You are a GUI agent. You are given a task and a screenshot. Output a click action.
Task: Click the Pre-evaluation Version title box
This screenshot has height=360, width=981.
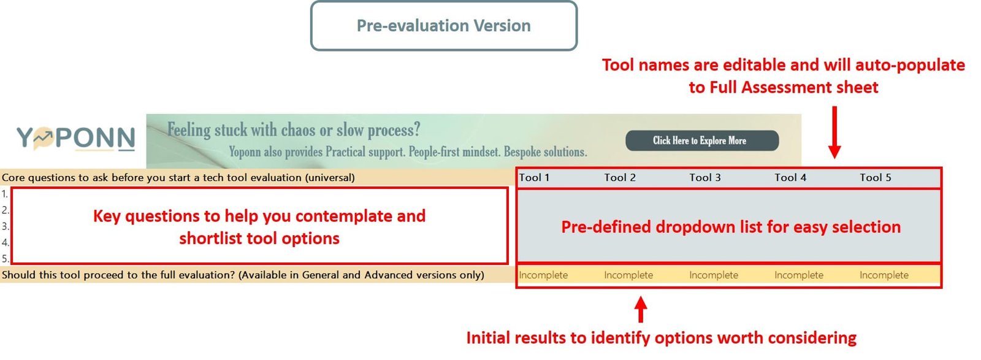coord(444,26)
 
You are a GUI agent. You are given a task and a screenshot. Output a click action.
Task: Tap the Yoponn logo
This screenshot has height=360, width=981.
coord(76,139)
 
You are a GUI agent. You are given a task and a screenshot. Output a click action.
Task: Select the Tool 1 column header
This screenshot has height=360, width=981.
coord(534,177)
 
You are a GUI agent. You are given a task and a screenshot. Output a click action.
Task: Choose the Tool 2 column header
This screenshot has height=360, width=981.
coord(620,177)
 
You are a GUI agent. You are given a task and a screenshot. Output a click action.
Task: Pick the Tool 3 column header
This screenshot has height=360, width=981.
coord(704,177)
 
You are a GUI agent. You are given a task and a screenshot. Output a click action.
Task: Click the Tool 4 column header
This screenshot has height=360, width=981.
coord(790,177)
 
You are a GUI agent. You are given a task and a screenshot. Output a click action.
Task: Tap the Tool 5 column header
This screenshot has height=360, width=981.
coord(875,177)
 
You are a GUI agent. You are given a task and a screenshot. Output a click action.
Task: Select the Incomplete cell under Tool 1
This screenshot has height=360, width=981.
coord(543,275)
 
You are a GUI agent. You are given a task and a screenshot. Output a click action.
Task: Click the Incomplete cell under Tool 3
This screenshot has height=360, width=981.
coord(714,275)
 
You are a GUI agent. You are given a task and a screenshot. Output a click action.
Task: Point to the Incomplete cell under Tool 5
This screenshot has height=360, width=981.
coord(884,275)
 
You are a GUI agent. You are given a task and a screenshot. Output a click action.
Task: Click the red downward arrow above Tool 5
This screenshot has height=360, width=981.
coord(834,132)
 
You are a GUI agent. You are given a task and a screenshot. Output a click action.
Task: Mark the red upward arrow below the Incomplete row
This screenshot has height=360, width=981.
coord(641,310)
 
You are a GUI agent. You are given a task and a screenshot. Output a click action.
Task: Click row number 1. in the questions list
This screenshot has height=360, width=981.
coord(5,194)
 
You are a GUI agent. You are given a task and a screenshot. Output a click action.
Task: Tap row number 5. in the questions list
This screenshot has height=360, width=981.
coord(5,258)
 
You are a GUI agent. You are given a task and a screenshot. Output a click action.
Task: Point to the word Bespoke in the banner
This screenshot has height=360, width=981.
coord(522,152)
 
